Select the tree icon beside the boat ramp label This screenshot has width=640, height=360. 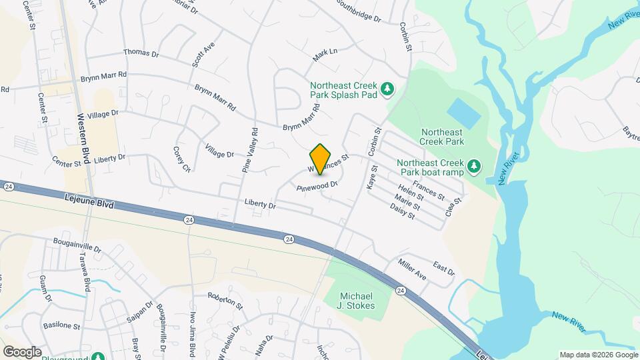coord(473,165)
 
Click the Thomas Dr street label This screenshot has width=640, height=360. coord(141,53)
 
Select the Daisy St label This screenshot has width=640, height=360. coord(403,212)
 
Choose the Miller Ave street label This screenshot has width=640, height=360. coord(412,271)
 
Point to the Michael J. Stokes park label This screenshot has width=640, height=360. coord(357,301)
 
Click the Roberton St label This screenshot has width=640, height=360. coord(225,301)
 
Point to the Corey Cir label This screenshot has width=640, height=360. coord(182,160)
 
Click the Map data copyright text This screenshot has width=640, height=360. coord(597,354)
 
